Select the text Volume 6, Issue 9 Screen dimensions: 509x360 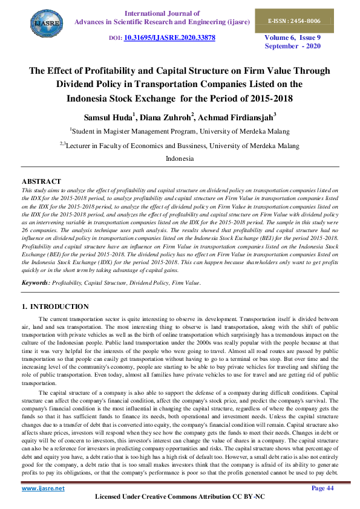pyautogui.click(x=293, y=37)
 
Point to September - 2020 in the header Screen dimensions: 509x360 pyautogui.click(x=293, y=46)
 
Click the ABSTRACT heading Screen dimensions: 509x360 pyautogui.click(x=41, y=181)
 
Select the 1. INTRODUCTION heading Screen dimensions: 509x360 pyautogui.click(x=55, y=306)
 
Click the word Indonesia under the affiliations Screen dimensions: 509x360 pyautogui.click(x=180, y=158)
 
